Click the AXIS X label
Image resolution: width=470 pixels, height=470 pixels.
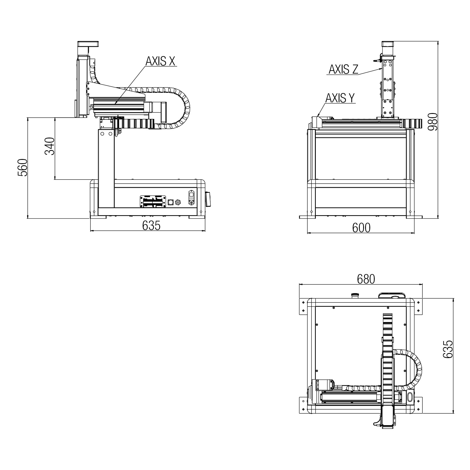pyautogui.click(x=160, y=61)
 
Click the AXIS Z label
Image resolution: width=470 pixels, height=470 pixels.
pyautogui.click(x=343, y=69)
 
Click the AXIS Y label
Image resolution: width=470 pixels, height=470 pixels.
pyautogui.click(x=340, y=98)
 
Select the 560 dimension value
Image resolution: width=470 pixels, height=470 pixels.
pyautogui.click(x=23, y=167)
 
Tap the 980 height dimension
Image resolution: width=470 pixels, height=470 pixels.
pyautogui.click(x=432, y=122)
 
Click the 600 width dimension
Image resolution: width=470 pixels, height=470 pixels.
pyautogui.click(x=361, y=228)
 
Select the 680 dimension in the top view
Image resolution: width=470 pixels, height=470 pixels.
pyautogui.click(x=366, y=279)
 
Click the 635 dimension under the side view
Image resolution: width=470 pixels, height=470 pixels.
pyautogui.click(x=151, y=226)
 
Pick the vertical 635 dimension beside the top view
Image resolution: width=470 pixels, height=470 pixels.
pyautogui.click(x=448, y=349)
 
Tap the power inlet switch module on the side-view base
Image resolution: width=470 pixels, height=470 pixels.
pyautogui.click(x=191, y=197)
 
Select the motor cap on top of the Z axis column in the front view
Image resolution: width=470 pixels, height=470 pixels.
pyautogui.click(x=388, y=44)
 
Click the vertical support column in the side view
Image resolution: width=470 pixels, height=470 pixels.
pyautogui.click(x=107, y=168)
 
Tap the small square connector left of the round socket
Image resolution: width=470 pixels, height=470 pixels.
pyautogui.click(x=170, y=202)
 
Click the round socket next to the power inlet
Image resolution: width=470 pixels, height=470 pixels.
pyautogui.click(x=178, y=202)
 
